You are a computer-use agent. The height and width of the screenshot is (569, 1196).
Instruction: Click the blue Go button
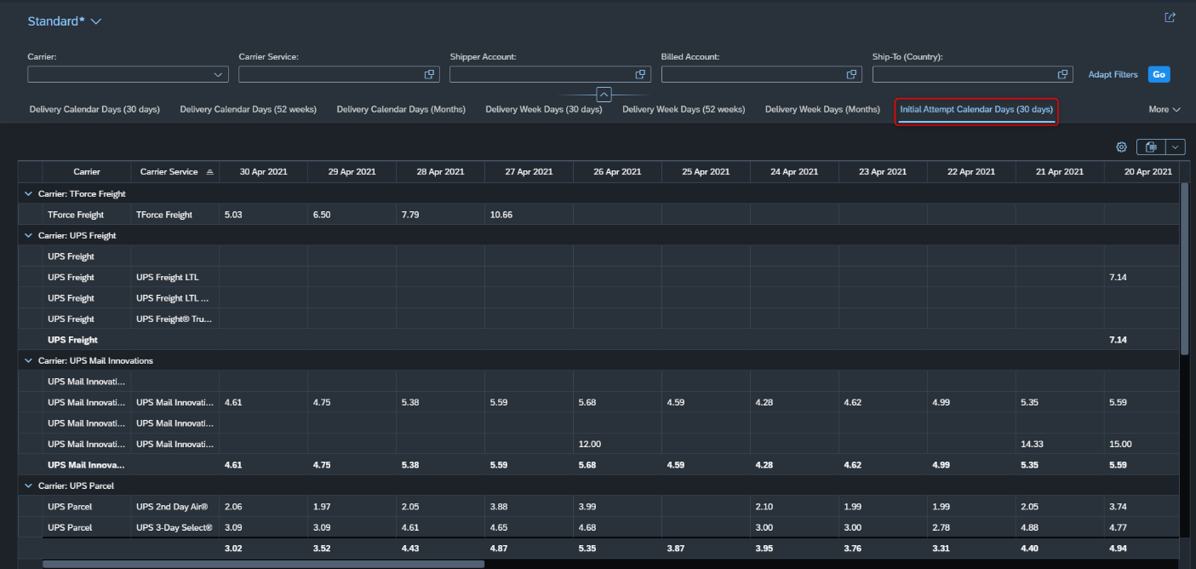click(x=1159, y=74)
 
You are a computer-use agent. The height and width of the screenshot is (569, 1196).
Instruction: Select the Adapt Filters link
click(x=1113, y=74)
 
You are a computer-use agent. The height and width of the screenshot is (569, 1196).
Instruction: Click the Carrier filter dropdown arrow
click(x=218, y=75)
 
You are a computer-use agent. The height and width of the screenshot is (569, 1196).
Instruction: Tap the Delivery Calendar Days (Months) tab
click(x=401, y=109)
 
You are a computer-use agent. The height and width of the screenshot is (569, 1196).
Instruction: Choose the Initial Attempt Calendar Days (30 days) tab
click(x=976, y=109)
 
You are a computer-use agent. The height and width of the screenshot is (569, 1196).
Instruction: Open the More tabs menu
click(x=1164, y=109)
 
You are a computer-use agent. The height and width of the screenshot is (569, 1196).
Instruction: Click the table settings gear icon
click(x=1121, y=147)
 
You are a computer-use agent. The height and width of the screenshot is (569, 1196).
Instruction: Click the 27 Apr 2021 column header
click(x=529, y=171)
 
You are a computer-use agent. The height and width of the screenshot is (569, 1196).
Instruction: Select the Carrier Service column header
click(x=169, y=171)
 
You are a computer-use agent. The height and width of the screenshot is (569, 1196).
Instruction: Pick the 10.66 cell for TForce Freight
click(x=501, y=215)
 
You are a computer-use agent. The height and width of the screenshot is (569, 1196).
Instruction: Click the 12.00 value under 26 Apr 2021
click(x=589, y=444)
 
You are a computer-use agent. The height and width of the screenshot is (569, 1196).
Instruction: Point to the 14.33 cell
click(x=1032, y=444)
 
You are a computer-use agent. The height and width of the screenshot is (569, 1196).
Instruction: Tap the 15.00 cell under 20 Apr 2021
click(x=1120, y=444)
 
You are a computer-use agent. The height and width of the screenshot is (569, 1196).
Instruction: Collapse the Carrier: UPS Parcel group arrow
click(x=28, y=486)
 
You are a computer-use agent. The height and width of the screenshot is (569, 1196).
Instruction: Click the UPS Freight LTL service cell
click(x=167, y=277)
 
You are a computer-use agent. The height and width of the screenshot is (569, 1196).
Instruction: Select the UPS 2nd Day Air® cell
click(x=172, y=507)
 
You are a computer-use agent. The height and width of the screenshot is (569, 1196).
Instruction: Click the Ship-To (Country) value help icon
click(x=1062, y=74)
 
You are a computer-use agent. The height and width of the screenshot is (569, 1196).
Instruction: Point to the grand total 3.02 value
click(x=232, y=549)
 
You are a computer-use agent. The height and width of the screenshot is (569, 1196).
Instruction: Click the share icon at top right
click(x=1170, y=18)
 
